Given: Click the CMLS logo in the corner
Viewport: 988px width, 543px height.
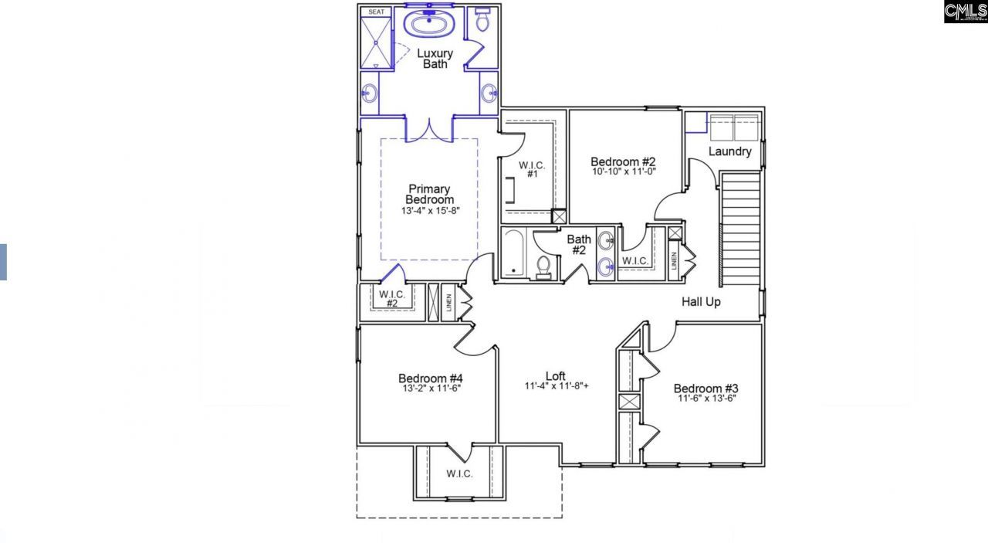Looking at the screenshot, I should pos(965,12).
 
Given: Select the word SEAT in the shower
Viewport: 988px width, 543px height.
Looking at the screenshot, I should pos(376,12).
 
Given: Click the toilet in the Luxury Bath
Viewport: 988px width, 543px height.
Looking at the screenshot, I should pos(482,21).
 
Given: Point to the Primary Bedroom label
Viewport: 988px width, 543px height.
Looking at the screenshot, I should pos(429,195).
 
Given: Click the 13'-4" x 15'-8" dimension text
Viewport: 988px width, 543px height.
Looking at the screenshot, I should pos(429,211).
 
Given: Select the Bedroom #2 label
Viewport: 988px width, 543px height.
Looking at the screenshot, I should pos(623,161).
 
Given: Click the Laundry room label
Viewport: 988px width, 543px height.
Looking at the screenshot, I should pos(729,151).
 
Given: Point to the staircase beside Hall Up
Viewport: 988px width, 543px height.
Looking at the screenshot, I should pos(739,228).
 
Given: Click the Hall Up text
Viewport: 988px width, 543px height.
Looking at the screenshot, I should pos(701,302).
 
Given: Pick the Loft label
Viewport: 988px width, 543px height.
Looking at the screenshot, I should pos(556,376).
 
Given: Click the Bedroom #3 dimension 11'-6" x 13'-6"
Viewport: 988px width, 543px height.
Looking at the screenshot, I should pos(706,399).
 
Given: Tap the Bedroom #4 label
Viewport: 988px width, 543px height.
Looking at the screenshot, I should pos(430,378).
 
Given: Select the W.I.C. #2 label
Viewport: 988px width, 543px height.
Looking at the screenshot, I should pos(392,299).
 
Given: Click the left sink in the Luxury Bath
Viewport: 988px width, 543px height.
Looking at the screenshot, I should pos(370,93).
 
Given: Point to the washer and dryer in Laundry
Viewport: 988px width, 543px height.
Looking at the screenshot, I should pos(734,127).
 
